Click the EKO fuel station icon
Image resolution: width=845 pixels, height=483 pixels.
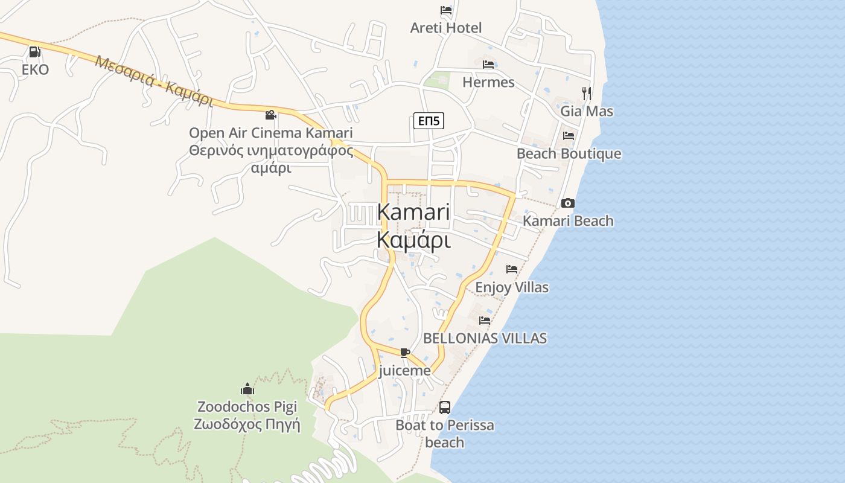coord(34,52)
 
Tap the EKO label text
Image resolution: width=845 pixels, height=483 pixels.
coord(35,69)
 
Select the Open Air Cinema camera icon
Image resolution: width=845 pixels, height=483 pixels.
coord(270,115)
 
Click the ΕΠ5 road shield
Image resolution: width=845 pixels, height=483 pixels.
coord(429,121)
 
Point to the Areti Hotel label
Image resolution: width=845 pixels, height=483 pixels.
coord(446,28)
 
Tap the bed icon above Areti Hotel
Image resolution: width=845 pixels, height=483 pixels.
coord(446,10)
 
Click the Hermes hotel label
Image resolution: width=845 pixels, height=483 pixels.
coord(488,82)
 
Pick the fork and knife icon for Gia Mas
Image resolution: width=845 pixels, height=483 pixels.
coord(586,93)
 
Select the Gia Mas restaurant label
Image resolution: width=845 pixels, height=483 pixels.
coord(587,111)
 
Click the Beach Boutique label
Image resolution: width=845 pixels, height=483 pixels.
coord(569,153)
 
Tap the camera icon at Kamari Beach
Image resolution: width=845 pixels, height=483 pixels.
coord(568,203)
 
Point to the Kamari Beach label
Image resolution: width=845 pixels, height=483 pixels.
coord(568,221)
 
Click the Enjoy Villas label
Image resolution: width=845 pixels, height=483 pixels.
coord(512,287)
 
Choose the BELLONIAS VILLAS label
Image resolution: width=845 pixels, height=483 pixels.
coord(485,338)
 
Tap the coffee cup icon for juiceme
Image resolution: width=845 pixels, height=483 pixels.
coord(404,353)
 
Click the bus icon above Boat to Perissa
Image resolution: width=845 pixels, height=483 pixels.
coord(445,408)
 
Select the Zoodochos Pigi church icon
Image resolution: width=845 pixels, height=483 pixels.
coord(247,388)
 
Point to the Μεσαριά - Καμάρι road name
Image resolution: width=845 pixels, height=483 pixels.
coord(154,82)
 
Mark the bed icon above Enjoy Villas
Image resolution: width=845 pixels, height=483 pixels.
coord(512,269)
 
